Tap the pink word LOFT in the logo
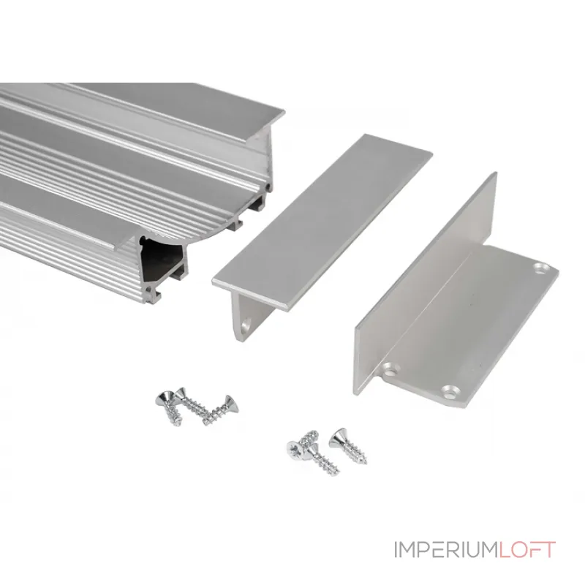(526, 550)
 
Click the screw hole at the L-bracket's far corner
(541, 267)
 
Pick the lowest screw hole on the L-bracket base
(450, 390)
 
